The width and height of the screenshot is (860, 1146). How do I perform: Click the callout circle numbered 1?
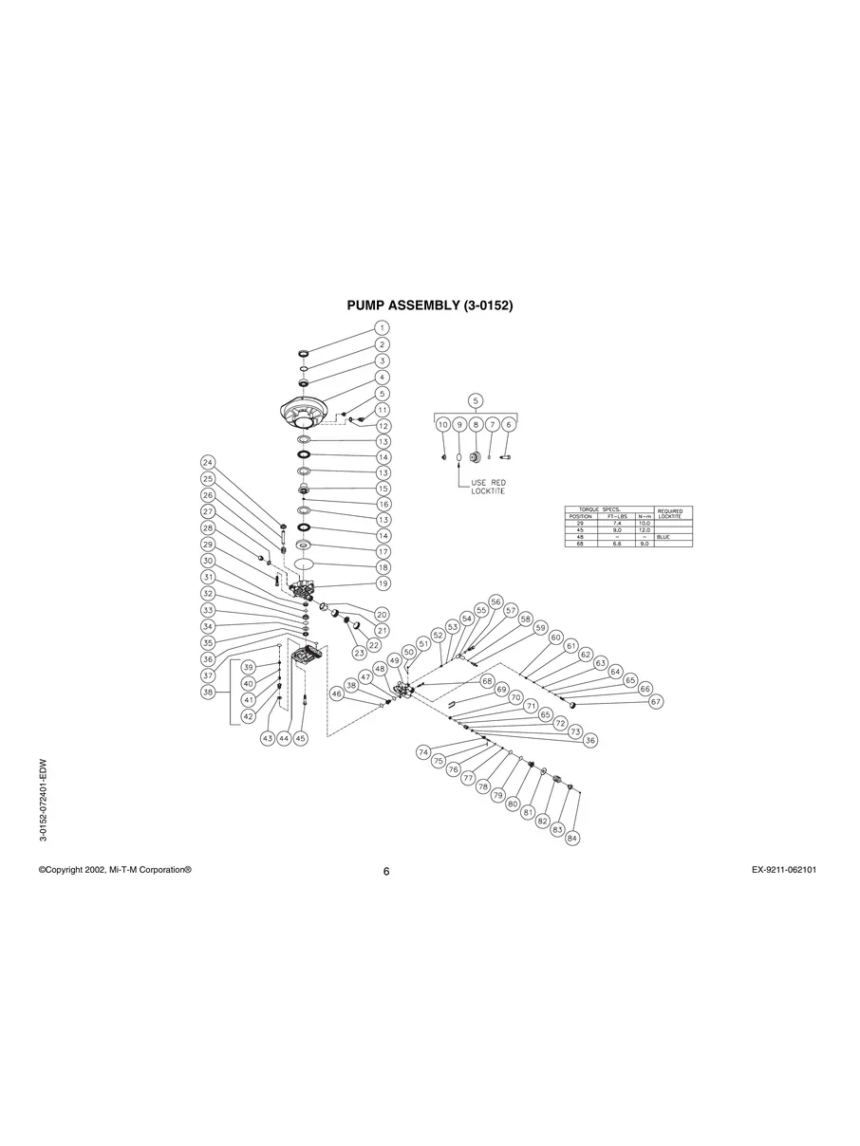382,327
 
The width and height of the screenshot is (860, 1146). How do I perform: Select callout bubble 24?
208,462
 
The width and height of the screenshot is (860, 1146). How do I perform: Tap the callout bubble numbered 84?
572,839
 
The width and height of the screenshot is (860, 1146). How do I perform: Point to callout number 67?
656,702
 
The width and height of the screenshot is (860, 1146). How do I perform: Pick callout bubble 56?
495,602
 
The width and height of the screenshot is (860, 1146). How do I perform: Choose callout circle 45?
300,738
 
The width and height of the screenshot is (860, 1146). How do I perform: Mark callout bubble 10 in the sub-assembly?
442,425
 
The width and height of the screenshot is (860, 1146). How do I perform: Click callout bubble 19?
382,583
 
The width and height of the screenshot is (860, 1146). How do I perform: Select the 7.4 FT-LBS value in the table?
617,523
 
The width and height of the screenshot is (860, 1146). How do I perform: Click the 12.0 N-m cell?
645,530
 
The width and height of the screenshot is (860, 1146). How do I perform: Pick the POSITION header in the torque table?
580,516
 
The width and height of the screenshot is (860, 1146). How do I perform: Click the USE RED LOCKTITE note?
489,487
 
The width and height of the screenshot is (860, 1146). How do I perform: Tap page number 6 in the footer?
386,873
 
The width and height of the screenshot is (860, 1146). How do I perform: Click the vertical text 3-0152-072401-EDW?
44,800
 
